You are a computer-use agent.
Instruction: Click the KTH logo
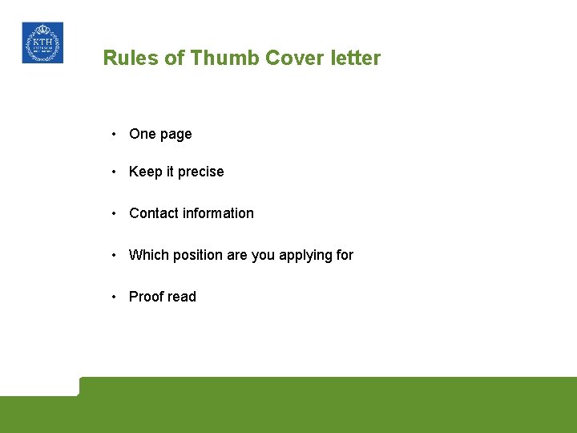tap(42, 42)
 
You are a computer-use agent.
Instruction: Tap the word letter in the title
tap(353, 59)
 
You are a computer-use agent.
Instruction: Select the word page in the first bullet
tap(176, 135)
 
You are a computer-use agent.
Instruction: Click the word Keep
tap(145, 172)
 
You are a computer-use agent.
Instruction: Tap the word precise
tap(200, 172)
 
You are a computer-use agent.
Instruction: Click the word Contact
tap(154, 213)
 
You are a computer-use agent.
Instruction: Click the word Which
tap(147, 255)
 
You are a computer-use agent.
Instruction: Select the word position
tap(196, 255)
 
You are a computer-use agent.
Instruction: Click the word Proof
tap(146, 297)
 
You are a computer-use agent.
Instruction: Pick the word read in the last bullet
tap(182, 297)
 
